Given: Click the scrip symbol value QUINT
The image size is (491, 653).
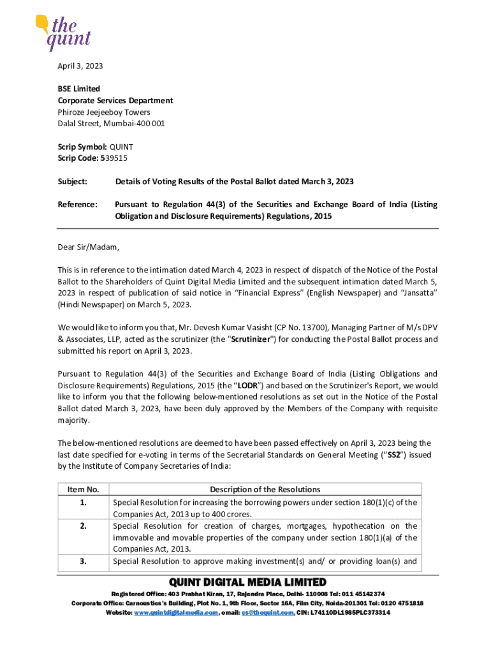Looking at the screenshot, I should pos(121,147).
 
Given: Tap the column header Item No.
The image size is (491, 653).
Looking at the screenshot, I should pos(83,490).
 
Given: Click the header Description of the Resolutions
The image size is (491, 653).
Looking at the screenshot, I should pos(265,490).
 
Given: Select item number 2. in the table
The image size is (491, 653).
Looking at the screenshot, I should pos(83,526).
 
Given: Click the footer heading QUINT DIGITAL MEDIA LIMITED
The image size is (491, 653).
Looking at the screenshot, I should pos(247,582).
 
